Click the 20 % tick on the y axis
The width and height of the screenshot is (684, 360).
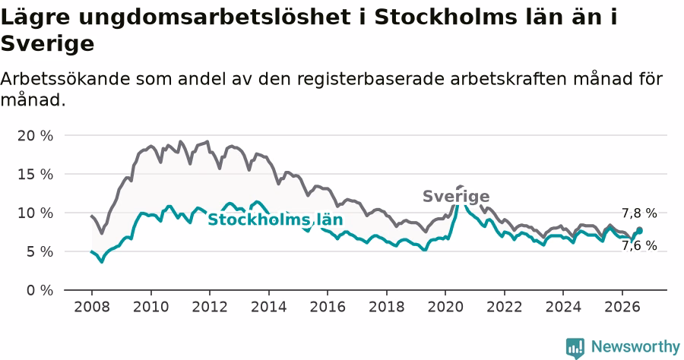click(35, 136)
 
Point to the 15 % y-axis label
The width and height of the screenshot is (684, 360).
click(35, 175)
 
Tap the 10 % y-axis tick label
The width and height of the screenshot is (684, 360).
click(35, 213)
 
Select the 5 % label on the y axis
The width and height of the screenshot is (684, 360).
click(40, 252)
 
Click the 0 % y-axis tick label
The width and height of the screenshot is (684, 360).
click(40, 291)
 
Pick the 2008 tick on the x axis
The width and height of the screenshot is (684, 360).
click(92, 307)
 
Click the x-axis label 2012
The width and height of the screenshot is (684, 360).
click(210, 307)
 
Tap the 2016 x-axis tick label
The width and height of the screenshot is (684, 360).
click(328, 307)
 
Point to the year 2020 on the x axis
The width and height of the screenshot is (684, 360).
click(445, 307)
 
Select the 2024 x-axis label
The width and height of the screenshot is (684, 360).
click(563, 307)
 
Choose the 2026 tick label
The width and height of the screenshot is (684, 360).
click(622, 307)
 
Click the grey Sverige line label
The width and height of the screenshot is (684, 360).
click(456, 197)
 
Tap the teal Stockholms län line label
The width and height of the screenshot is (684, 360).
click(275, 219)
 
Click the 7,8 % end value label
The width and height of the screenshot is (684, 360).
click(639, 213)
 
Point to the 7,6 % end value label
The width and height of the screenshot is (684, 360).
click(639, 246)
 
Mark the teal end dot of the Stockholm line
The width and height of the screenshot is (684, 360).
click(639, 231)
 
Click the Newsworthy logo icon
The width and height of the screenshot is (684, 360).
click(575, 348)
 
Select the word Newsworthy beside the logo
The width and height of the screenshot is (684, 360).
click(635, 347)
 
